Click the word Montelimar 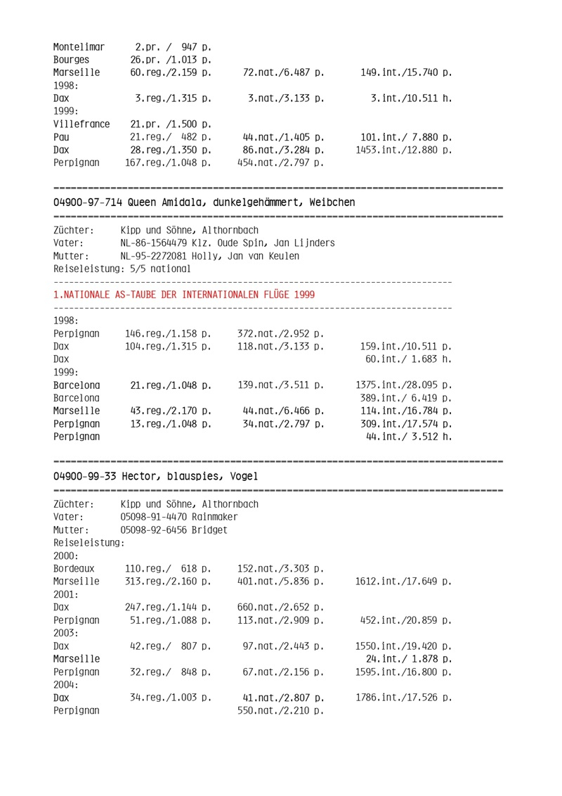(x=79, y=47)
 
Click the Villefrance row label (x=81, y=124)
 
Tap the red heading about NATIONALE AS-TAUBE (x=184, y=295)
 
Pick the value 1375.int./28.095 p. (x=403, y=385)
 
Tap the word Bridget (x=209, y=529)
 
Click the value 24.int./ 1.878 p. (x=409, y=658)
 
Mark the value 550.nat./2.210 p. (x=281, y=710)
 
